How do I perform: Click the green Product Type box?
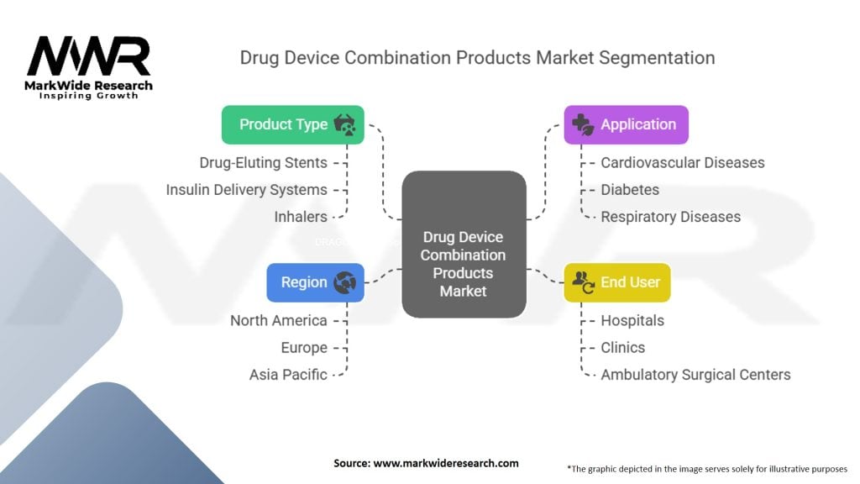[292, 124]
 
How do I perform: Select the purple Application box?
[626, 124]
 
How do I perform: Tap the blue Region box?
[315, 282]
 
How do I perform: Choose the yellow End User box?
[616, 282]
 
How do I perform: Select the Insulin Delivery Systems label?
[246, 190]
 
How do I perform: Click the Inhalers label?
[301, 217]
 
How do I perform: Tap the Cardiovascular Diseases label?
[682, 162]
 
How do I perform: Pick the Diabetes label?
[630, 190]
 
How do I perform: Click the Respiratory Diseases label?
[670, 217]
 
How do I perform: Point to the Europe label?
[304, 347]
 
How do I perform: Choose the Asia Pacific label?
[288, 375]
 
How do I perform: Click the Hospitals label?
[632, 320]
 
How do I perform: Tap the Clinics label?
[623, 347]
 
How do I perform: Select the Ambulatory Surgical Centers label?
[695, 375]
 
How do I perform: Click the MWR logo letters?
[88, 57]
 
